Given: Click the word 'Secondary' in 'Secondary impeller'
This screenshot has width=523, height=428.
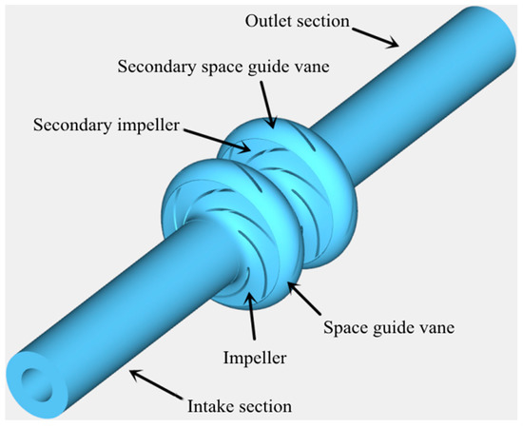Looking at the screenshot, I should [70, 125].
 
